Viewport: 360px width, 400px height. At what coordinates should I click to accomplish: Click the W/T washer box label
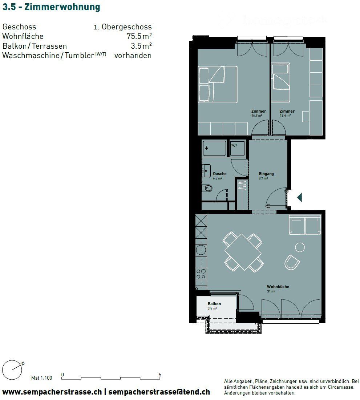click(x=234, y=145)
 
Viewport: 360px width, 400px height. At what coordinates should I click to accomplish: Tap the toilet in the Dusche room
click(x=207, y=189)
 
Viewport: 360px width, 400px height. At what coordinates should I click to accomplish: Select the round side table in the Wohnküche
click(x=300, y=247)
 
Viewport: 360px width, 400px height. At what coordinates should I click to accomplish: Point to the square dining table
click(x=243, y=252)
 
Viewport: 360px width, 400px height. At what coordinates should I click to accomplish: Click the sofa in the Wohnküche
click(x=305, y=225)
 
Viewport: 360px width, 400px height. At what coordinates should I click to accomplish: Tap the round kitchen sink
click(x=201, y=250)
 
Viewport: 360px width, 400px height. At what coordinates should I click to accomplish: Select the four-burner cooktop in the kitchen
click(x=201, y=274)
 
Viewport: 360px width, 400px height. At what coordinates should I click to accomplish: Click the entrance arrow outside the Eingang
click(x=300, y=197)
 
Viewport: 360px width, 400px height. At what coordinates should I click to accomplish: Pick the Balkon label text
click(x=214, y=304)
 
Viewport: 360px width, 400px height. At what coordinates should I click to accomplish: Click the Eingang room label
click(x=266, y=174)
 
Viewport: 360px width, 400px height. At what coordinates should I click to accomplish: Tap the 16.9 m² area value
click(x=256, y=115)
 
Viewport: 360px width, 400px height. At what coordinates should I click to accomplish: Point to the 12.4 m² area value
click(x=285, y=115)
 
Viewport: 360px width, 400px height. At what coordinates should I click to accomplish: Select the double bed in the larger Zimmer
click(x=218, y=84)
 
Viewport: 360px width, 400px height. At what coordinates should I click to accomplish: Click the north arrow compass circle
click(x=12, y=370)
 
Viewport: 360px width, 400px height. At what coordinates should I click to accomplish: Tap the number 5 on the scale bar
click(x=160, y=375)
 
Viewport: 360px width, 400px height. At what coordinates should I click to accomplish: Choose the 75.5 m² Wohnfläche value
click(x=139, y=36)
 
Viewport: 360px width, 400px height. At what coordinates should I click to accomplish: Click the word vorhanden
click(x=133, y=55)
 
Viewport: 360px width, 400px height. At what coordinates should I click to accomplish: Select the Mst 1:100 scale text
click(x=41, y=378)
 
